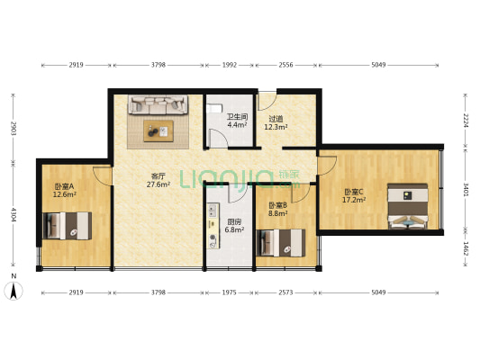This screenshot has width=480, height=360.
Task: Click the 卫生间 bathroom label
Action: point(237,117)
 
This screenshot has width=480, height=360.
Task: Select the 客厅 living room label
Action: point(158,175)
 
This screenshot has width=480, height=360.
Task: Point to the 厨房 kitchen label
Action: point(233,221)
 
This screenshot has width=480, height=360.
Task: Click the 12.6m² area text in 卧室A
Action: point(64,194)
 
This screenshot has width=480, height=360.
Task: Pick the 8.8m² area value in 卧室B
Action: point(277,213)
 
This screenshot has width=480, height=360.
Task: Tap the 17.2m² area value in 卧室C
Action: point(353,200)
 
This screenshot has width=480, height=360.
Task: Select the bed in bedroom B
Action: point(282,242)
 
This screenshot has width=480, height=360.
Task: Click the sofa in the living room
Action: point(158,105)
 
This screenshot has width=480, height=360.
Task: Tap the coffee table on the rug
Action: point(159,130)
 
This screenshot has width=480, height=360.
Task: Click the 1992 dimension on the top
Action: point(230,66)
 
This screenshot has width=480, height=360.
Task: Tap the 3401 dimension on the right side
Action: point(465,189)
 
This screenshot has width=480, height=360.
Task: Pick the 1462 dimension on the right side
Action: point(465,249)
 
